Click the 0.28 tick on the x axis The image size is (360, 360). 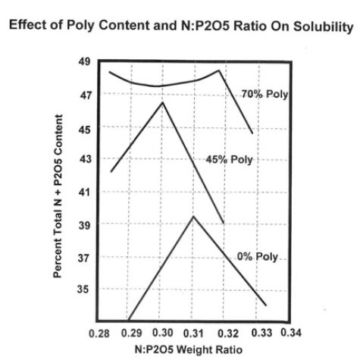(100, 333)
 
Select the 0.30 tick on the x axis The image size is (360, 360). (162, 333)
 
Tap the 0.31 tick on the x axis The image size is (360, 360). (193, 333)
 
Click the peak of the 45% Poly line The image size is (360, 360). (162, 102)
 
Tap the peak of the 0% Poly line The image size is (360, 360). (193, 216)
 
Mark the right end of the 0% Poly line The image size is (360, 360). (266, 305)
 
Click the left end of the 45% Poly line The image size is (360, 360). (111, 172)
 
